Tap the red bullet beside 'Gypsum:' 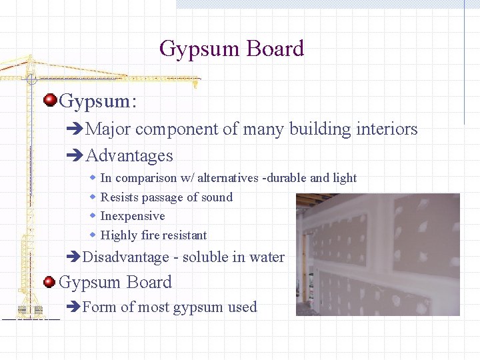49,101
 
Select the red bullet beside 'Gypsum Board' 49,282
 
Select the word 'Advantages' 129,156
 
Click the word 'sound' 216,197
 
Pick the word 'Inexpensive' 132,216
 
